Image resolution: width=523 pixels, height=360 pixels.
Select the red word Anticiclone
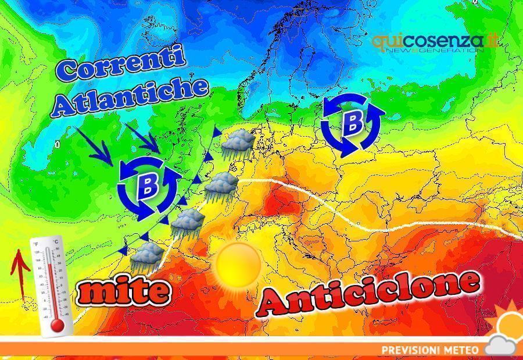click(370, 293)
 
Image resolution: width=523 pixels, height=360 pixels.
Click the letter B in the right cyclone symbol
click(352, 123)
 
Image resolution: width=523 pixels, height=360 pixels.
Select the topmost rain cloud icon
click(238, 142)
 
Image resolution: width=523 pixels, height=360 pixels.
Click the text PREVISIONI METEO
click(430, 350)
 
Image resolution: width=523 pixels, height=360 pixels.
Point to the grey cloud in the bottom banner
click(501, 345)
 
